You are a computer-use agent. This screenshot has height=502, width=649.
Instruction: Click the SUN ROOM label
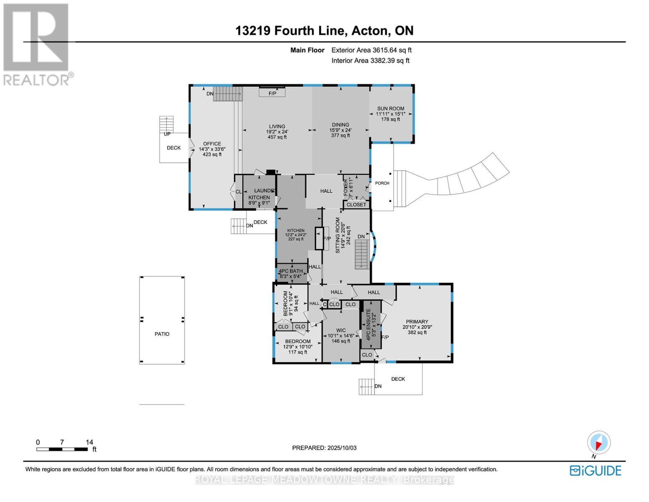click(390, 108)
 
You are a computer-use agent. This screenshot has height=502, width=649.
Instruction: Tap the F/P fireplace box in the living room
click(272, 93)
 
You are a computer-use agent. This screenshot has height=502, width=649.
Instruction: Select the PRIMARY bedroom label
click(417, 322)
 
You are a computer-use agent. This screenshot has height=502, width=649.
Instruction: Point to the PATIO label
click(162, 334)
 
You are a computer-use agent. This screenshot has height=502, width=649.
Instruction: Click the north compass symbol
click(599, 443)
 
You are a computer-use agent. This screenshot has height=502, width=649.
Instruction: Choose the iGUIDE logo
click(596, 471)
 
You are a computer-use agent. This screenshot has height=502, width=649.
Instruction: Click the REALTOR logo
click(37, 44)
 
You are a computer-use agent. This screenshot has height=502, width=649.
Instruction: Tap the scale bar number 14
click(89, 442)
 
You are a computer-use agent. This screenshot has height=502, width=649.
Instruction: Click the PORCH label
click(382, 183)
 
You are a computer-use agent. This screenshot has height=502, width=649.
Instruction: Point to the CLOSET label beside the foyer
click(356, 205)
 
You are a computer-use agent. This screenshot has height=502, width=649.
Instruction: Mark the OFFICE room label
click(212, 143)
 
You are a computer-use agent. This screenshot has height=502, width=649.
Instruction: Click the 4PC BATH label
click(291, 271)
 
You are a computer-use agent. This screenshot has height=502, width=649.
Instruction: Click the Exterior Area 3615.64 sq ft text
click(371, 50)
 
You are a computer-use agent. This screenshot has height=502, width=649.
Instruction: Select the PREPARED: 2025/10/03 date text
click(324, 448)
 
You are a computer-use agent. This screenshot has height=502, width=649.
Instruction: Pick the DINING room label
click(340, 125)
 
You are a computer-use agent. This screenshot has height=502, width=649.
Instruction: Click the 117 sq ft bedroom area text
click(298, 352)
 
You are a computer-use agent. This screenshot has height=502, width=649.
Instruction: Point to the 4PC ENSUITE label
click(368, 324)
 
